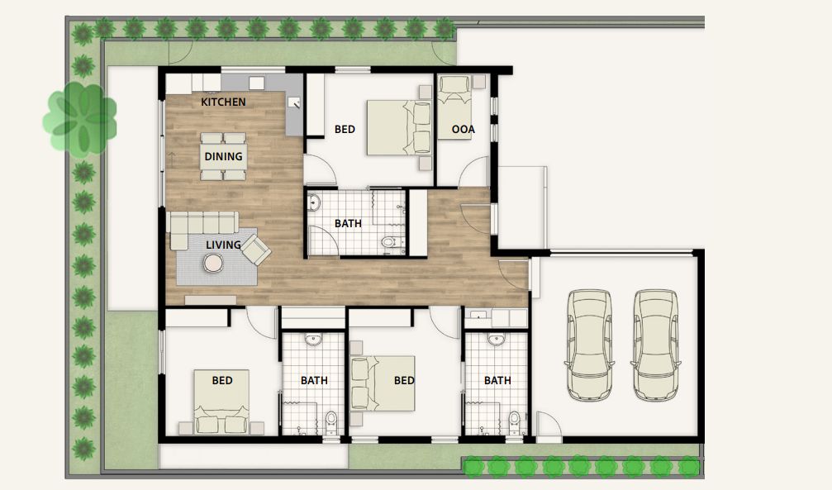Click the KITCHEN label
click(x=223, y=102)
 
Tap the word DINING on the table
click(x=223, y=156)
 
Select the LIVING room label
click(x=223, y=245)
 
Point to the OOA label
click(x=463, y=130)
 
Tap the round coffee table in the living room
click(x=214, y=264)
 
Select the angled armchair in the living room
click(x=257, y=250)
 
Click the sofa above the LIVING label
click(x=203, y=222)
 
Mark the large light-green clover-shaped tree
click(x=80, y=117)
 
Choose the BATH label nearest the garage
click(x=497, y=381)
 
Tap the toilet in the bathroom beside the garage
click(x=515, y=421)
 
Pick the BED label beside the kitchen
click(x=345, y=130)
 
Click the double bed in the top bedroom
click(x=399, y=127)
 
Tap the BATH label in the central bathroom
click(x=348, y=223)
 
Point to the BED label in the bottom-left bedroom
click(x=221, y=381)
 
